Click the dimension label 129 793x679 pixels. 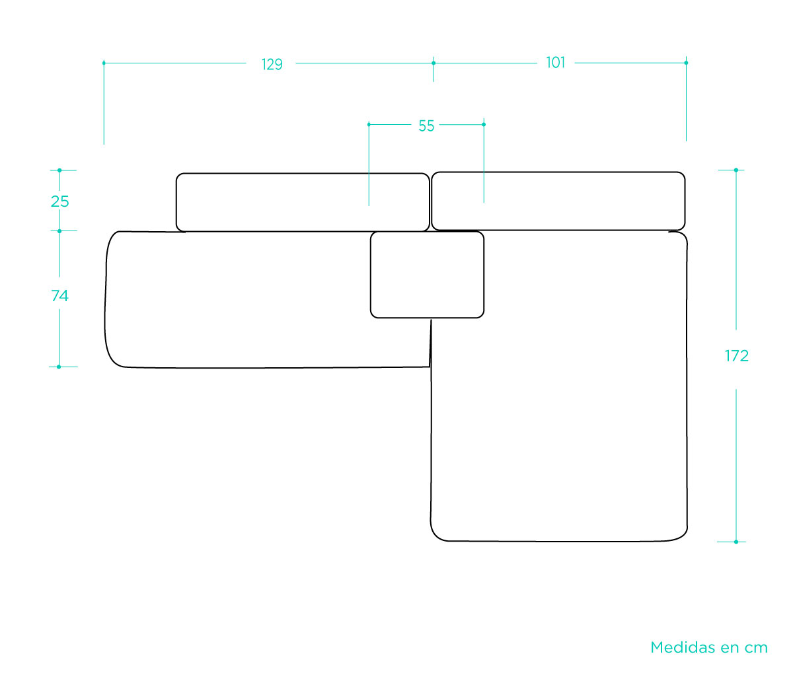pos(272,65)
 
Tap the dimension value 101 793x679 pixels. pos(556,63)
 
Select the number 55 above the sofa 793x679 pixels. pos(426,125)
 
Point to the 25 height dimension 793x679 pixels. pos(60,201)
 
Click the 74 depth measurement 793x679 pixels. pos(60,296)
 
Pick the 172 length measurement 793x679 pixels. pos(737,356)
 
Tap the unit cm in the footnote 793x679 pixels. pos(756,649)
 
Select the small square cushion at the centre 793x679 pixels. pos(427,275)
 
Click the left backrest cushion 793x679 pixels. pos(303,202)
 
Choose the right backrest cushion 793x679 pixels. pos(558,201)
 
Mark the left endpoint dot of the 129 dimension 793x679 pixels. pos(104,63)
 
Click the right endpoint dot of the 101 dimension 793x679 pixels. pos(686,63)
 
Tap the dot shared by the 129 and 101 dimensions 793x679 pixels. pos(434,63)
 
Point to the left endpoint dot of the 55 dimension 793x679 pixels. pos(369,125)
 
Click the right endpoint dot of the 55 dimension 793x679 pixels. pos(483,125)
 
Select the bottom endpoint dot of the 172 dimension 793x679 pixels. pos(736,542)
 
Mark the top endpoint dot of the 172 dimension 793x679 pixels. pos(736,170)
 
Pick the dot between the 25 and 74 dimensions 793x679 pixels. pos(59,231)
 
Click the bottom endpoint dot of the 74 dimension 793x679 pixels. pos(59,367)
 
